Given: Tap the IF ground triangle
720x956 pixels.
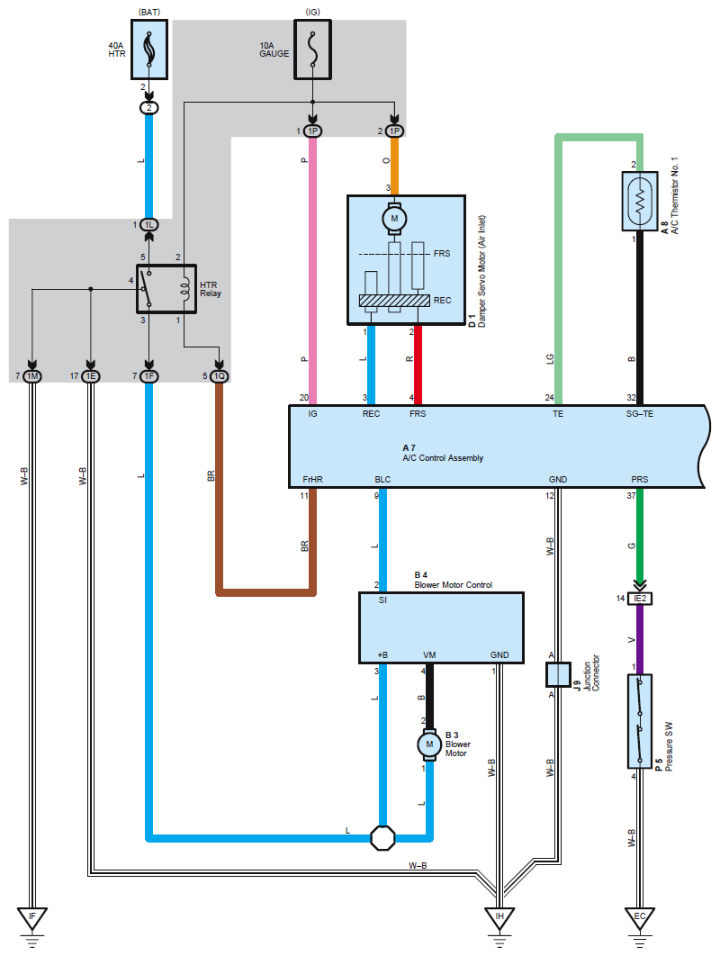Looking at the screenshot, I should click(32, 918).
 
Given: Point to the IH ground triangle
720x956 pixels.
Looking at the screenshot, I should click(499, 918).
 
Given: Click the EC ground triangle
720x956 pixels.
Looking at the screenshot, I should click(639, 918).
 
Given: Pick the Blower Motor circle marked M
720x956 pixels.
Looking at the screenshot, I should click(429, 744).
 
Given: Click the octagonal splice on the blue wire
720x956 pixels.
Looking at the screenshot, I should click(383, 838).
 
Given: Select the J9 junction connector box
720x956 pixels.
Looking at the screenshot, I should click(558, 673).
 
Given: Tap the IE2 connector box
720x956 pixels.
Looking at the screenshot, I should click(639, 597).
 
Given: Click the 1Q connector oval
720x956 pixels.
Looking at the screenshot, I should click(219, 375).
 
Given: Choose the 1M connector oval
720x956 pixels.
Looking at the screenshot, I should click(32, 375).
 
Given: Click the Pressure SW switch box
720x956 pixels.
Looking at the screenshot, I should click(639, 721).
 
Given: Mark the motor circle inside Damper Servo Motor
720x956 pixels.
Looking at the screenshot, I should click(394, 216).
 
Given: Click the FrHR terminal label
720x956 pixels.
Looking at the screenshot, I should click(312, 481).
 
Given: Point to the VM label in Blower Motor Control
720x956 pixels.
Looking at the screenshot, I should click(429, 655).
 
